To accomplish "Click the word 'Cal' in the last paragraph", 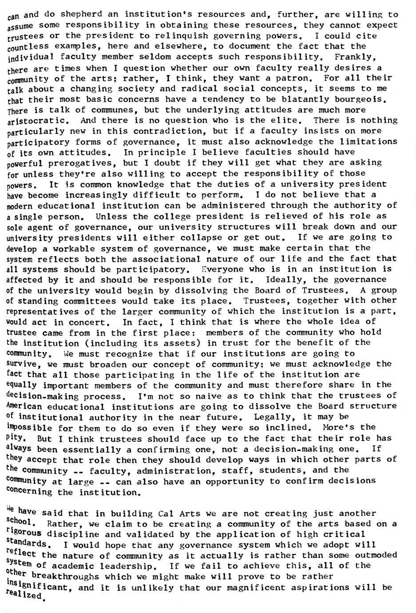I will (x=168, y=514).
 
